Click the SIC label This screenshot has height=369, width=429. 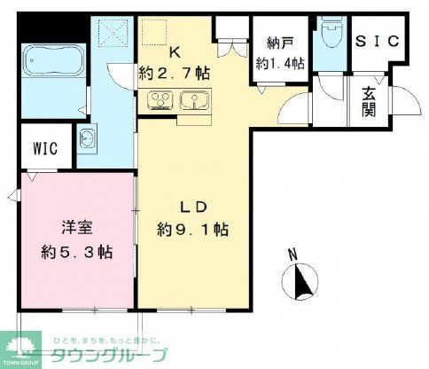(378, 41)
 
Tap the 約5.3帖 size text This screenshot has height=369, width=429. (76, 251)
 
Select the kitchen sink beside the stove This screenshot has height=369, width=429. (190, 99)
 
